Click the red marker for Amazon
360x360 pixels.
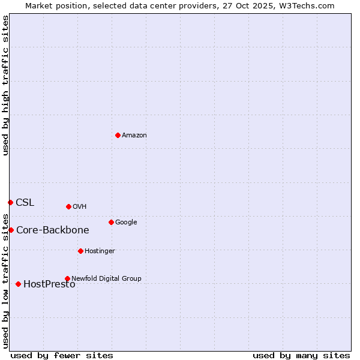(118, 135)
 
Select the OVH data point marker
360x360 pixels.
(68, 206)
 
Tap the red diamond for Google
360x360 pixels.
(111, 222)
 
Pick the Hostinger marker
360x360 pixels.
(80, 251)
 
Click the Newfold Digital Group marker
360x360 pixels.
(67, 278)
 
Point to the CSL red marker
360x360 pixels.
(10, 202)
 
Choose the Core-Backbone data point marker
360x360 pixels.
(11, 230)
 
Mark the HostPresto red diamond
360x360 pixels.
(18, 284)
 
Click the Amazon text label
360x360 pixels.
(134, 136)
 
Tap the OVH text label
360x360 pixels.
(80, 207)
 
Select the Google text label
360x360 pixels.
(126, 223)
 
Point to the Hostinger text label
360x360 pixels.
(100, 251)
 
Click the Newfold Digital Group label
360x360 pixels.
(107, 278)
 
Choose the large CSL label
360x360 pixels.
(25, 203)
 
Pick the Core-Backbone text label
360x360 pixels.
(53, 230)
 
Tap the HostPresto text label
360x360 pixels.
(49, 284)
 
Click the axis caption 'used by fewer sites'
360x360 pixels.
(62, 355)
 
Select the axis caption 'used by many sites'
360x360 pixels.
(301, 355)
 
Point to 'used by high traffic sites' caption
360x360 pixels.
(5, 85)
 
